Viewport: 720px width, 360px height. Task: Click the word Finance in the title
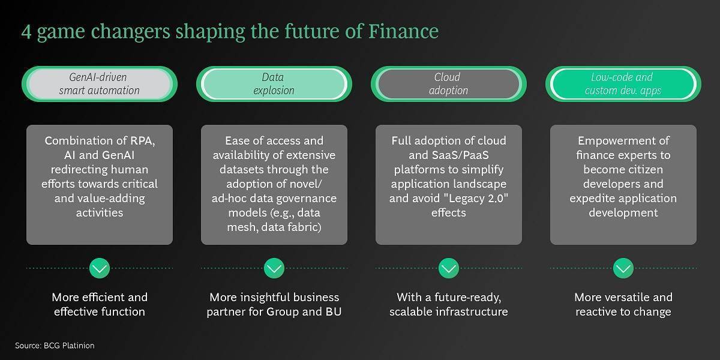(403, 31)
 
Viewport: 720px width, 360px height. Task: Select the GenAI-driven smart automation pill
(100, 84)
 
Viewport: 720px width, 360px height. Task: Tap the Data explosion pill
(274, 84)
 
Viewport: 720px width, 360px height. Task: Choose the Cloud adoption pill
(449, 84)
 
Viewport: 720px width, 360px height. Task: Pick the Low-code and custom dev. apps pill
(623, 84)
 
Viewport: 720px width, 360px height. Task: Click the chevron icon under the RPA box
(100, 268)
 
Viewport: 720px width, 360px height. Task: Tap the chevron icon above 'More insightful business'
(274, 268)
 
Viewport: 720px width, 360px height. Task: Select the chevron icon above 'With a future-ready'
(449, 268)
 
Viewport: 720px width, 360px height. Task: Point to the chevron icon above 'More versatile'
(623, 268)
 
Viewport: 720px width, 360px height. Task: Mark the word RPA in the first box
(142, 141)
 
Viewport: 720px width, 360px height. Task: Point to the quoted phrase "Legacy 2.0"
(476, 199)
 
